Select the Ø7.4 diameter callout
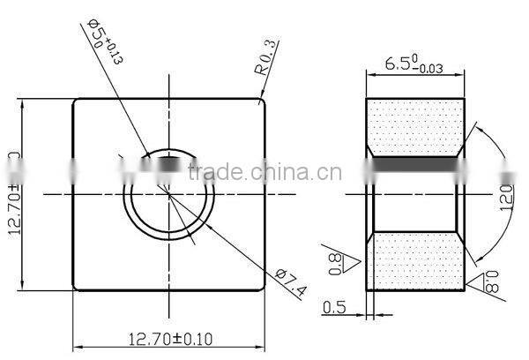pos(291,281)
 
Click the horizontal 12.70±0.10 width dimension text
pos(169,336)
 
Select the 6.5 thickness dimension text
pos(415,65)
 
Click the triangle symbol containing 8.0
pos(485,283)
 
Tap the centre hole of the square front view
pos(168,193)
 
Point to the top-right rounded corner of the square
pos(263,101)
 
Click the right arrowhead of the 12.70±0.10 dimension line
pos(260,345)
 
